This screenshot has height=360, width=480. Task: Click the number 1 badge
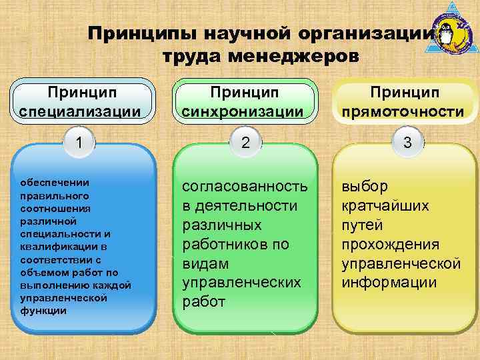[x=80, y=142]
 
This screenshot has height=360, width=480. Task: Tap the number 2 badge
[x=245, y=142]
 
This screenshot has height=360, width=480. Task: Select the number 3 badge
[x=407, y=142]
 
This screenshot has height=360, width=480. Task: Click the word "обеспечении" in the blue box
[x=55, y=182]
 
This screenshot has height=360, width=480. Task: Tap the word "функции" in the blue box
[x=43, y=311]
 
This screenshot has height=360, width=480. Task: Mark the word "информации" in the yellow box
[x=389, y=282]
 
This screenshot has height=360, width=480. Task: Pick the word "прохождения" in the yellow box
[x=390, y=244]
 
